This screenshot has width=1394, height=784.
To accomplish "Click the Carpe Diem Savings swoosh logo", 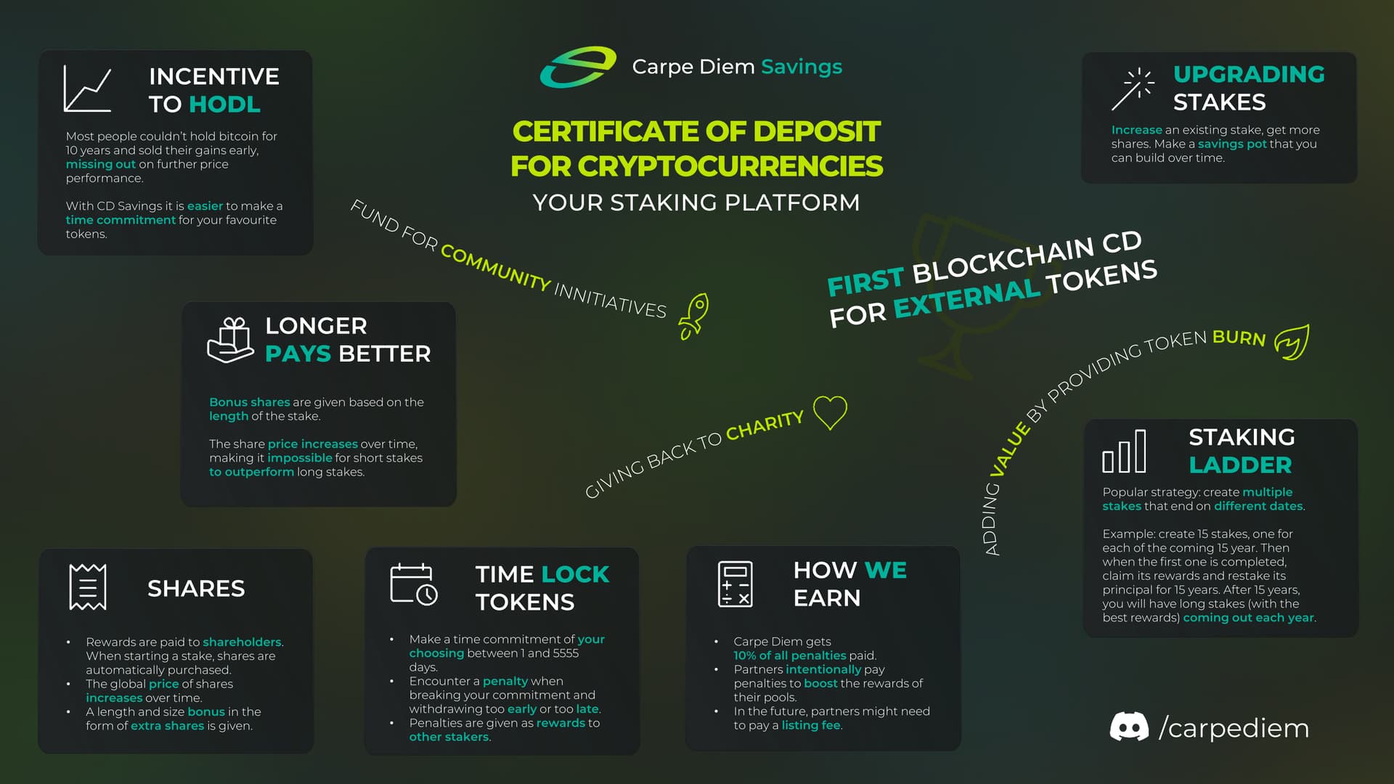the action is [577, 67].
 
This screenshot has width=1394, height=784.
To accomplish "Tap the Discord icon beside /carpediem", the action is [1129, 727].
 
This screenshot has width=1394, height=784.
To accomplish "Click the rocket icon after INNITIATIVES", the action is [694, 316].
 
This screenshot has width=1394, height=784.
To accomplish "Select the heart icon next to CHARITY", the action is [830, 412].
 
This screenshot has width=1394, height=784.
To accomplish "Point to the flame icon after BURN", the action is [1292, 342].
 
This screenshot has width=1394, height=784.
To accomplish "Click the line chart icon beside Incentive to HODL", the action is [87, 89].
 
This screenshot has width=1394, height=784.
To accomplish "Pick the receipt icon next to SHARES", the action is [88, 587].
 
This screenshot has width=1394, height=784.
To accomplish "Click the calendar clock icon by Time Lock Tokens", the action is [414, 584].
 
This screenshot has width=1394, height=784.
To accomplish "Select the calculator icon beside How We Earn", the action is [735, 584].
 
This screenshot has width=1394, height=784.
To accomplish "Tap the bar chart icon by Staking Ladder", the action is [1124, 452].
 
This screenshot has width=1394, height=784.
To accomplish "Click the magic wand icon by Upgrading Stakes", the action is [1132, 89].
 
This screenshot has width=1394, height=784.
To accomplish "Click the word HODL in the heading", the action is [224, 105].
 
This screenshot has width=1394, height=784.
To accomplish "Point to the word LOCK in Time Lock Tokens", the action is [575, 574].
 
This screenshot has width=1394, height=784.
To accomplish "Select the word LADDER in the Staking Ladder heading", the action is [1240, 465].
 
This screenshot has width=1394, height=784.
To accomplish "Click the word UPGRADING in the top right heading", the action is [1249, 74].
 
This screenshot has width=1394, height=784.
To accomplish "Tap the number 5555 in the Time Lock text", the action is [566, 653].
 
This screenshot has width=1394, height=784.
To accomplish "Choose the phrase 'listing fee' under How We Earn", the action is [811, 725].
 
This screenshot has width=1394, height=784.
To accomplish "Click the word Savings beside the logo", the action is [802, 67].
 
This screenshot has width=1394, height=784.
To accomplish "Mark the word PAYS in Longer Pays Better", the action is [298, 354].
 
